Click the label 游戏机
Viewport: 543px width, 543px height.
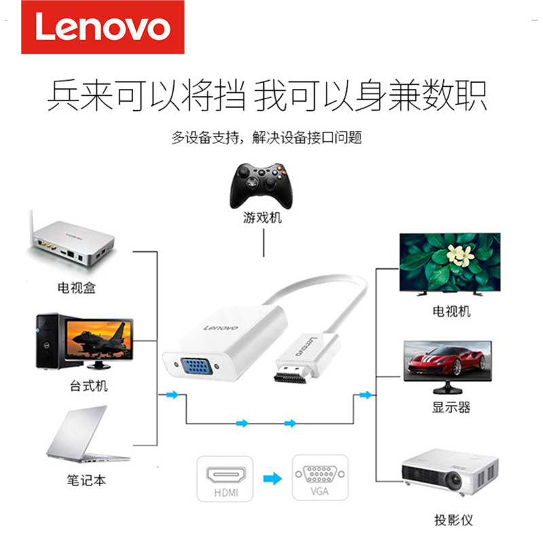(x=262, y=219)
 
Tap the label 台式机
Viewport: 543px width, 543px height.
(x=88, y=386)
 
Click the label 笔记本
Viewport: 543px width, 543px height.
(x=86, y=480)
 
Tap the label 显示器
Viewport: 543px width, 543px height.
(x=451, y=408)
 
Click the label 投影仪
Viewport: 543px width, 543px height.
(x=453, y=521)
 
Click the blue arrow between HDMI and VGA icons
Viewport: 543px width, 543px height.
(x=271, y=479)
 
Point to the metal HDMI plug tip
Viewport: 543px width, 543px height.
(x=291, y=374)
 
